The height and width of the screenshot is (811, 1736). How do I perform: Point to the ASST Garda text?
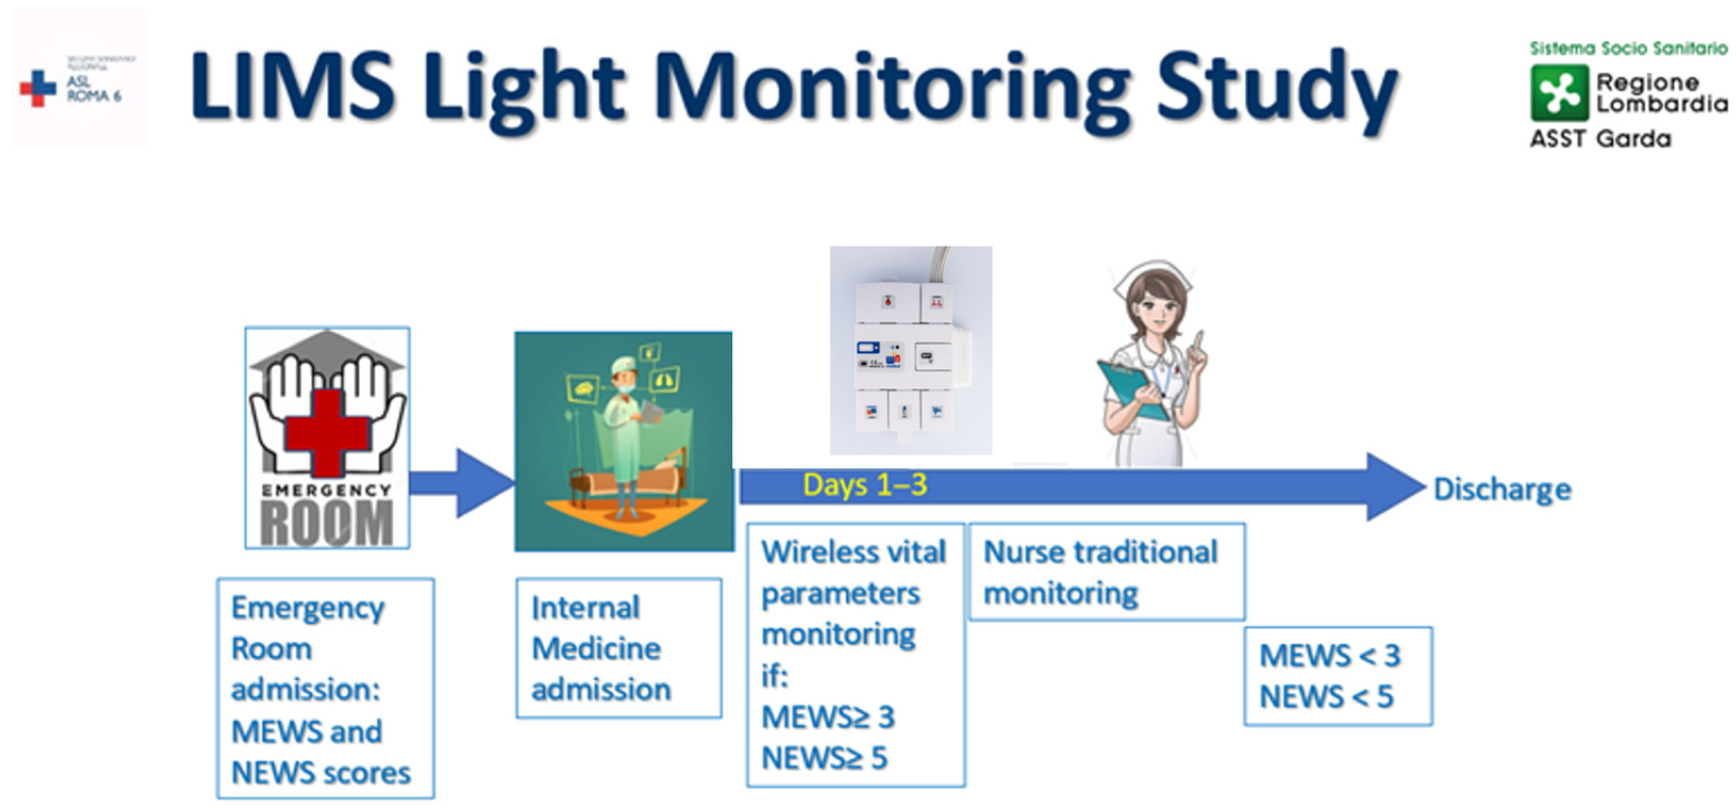(x=1600, y=139)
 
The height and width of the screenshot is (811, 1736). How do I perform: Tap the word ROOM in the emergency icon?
(x=327, y=522)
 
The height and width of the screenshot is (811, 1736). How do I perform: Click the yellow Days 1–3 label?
(x=865, y=484)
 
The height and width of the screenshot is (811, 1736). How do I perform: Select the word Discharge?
(x=1502, y=489)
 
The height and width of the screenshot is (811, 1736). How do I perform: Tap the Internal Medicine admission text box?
(x=619, y=648)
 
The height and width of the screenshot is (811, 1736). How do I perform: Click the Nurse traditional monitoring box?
(x=1106, y=572)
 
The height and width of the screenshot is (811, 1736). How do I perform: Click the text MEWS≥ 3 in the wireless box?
(x=827, y=717)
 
